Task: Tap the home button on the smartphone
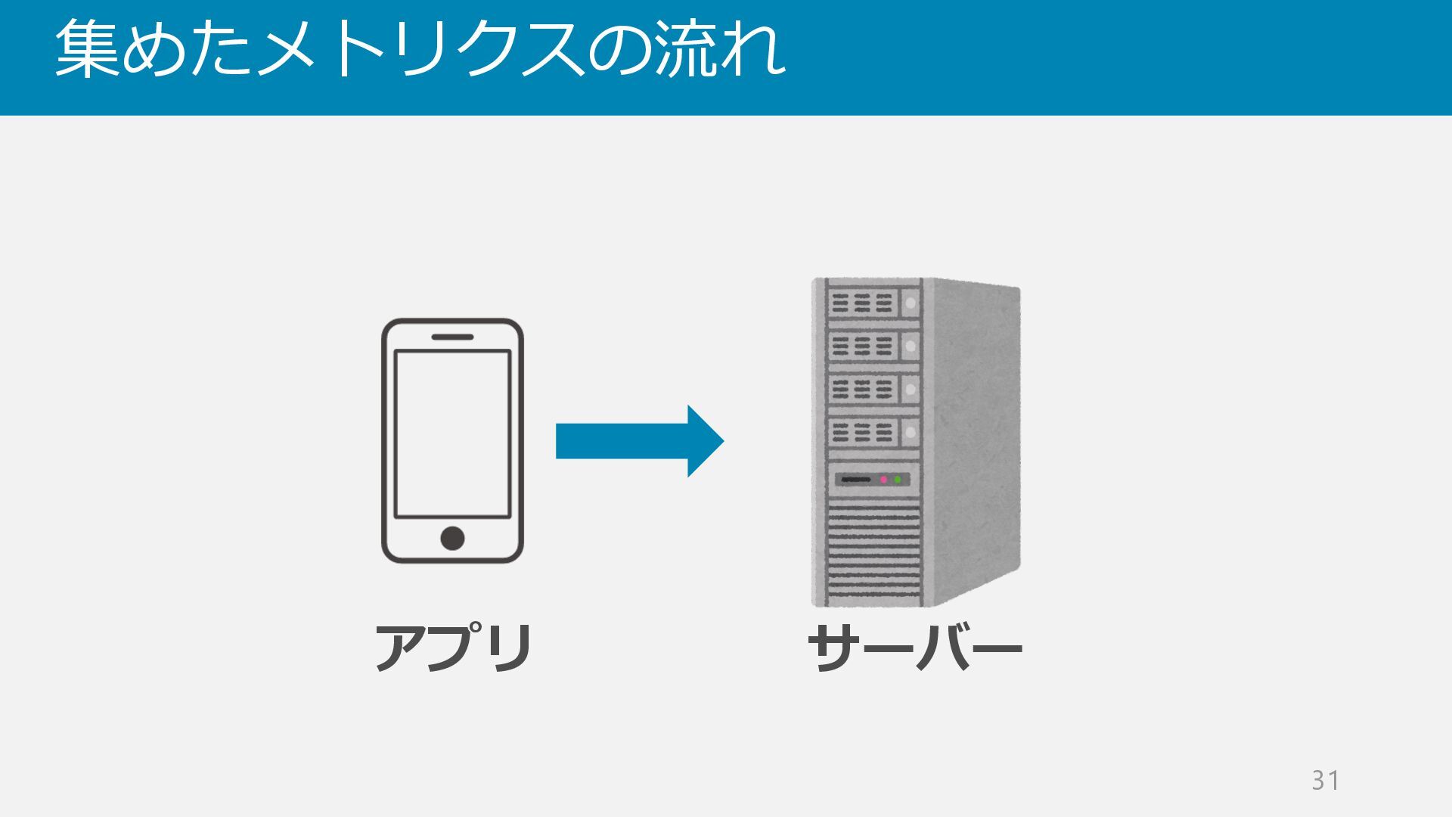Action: pyautogui.click(x=452, y=539)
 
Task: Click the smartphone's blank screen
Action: pyautogui.click(x=452, y=433)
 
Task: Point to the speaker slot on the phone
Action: pyautogui.click(x=452, y=337)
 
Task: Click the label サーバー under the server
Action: pyautogui.click(x=915, y=648)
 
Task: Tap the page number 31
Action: pyautogui.click(x=1325, y=780)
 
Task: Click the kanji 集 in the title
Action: pyautogui.click(x=88, y=49)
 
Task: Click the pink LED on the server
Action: pyautogui.click(x=883, y=480)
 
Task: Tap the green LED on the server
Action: pyautogui.click(x=898, y=480)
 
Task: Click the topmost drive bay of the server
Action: pyautogui.click(x=873, y=303)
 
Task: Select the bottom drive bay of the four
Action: pyautogui.click(x=873, y=433)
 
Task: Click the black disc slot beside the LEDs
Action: pyautogui.click(x=855, y=480)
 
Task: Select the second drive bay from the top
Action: pyautogui.click(x=873, y=346)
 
